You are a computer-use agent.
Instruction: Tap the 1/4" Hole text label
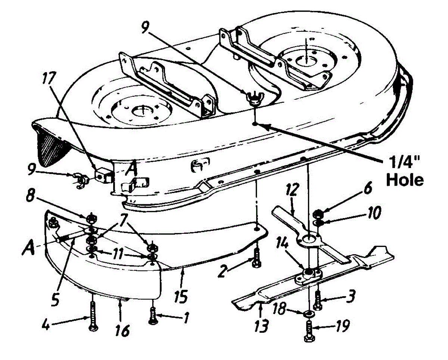[x=405, y=173]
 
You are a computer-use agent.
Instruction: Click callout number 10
[x=371, y=214]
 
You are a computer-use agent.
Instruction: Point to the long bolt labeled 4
[x=92, y=316]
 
